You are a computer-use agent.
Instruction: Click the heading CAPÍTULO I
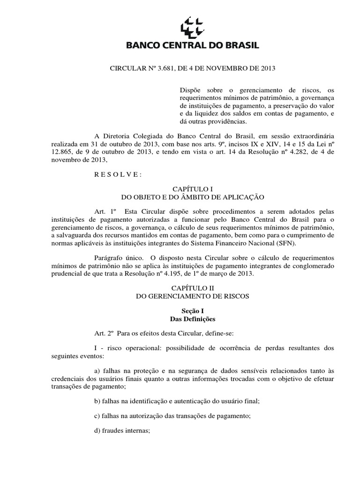click(180, 187)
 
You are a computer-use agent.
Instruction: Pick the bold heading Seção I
click(180, 310)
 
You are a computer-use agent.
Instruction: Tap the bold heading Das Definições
click(180, 319)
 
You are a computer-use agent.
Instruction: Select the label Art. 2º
click(103, 332)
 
